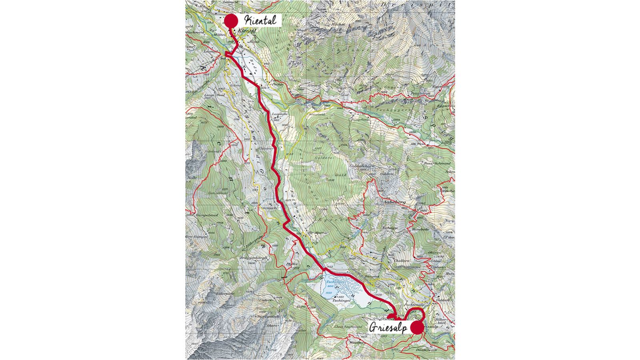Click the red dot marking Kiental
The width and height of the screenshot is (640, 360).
tap(231, 21)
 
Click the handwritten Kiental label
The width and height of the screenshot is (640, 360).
tap(260, 20)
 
